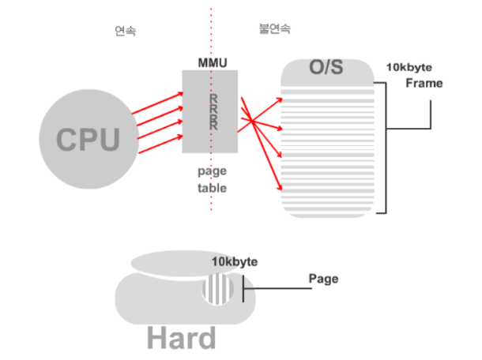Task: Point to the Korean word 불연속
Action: tap(274, 28)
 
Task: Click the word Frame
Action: tap(424, 83)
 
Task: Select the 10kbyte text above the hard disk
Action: tap(235, 261)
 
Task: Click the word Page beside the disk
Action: tap(323, 279)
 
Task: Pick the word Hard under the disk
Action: tap(181, 338)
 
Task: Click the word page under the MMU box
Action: tap(212, 171)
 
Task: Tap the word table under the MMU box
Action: tap(212, 188)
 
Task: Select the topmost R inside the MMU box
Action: tap(213, 98)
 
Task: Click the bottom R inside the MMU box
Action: tap(213, 125)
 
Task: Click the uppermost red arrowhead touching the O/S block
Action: tap(280, 100)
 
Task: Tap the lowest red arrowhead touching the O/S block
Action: tap(280, 188)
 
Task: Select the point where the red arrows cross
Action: tap(250, 120)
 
